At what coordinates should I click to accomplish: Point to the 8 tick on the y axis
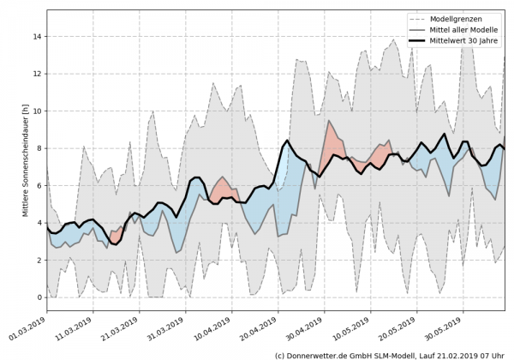click(38, 148)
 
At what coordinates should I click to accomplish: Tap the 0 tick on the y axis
click(38, 297)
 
